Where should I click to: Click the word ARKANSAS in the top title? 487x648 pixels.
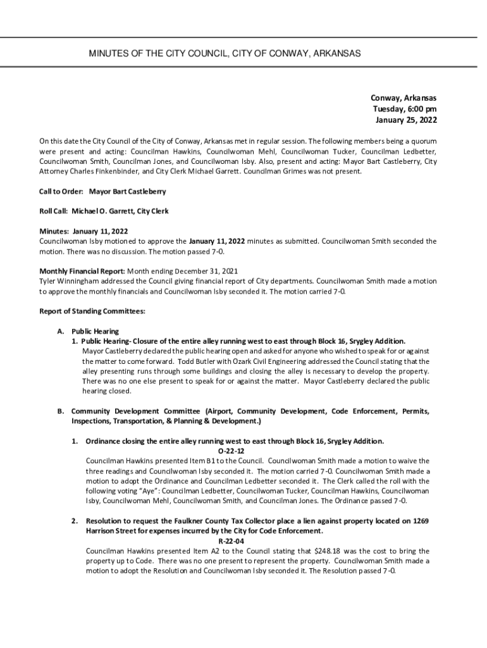(336, 54)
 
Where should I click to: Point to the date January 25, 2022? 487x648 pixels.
(405, 119)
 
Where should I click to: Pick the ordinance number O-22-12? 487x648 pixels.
(230, 451)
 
